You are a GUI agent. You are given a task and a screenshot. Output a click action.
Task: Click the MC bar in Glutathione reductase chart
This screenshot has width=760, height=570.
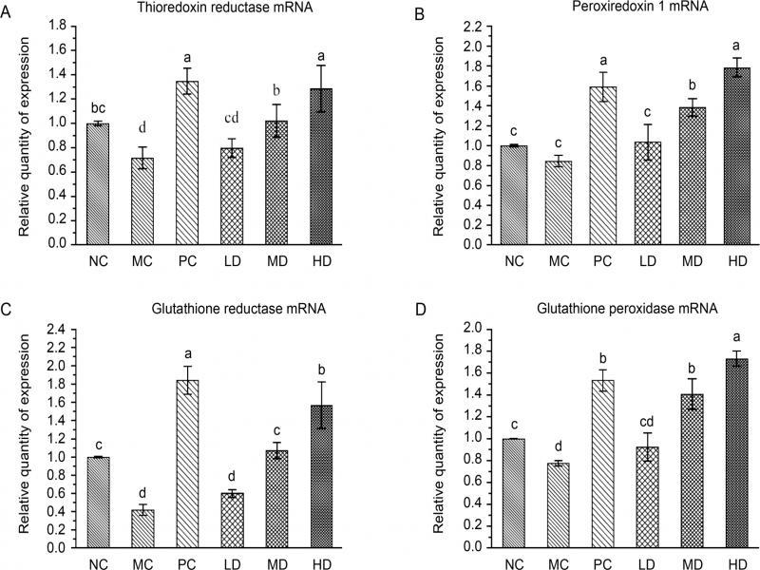(143, 528)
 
